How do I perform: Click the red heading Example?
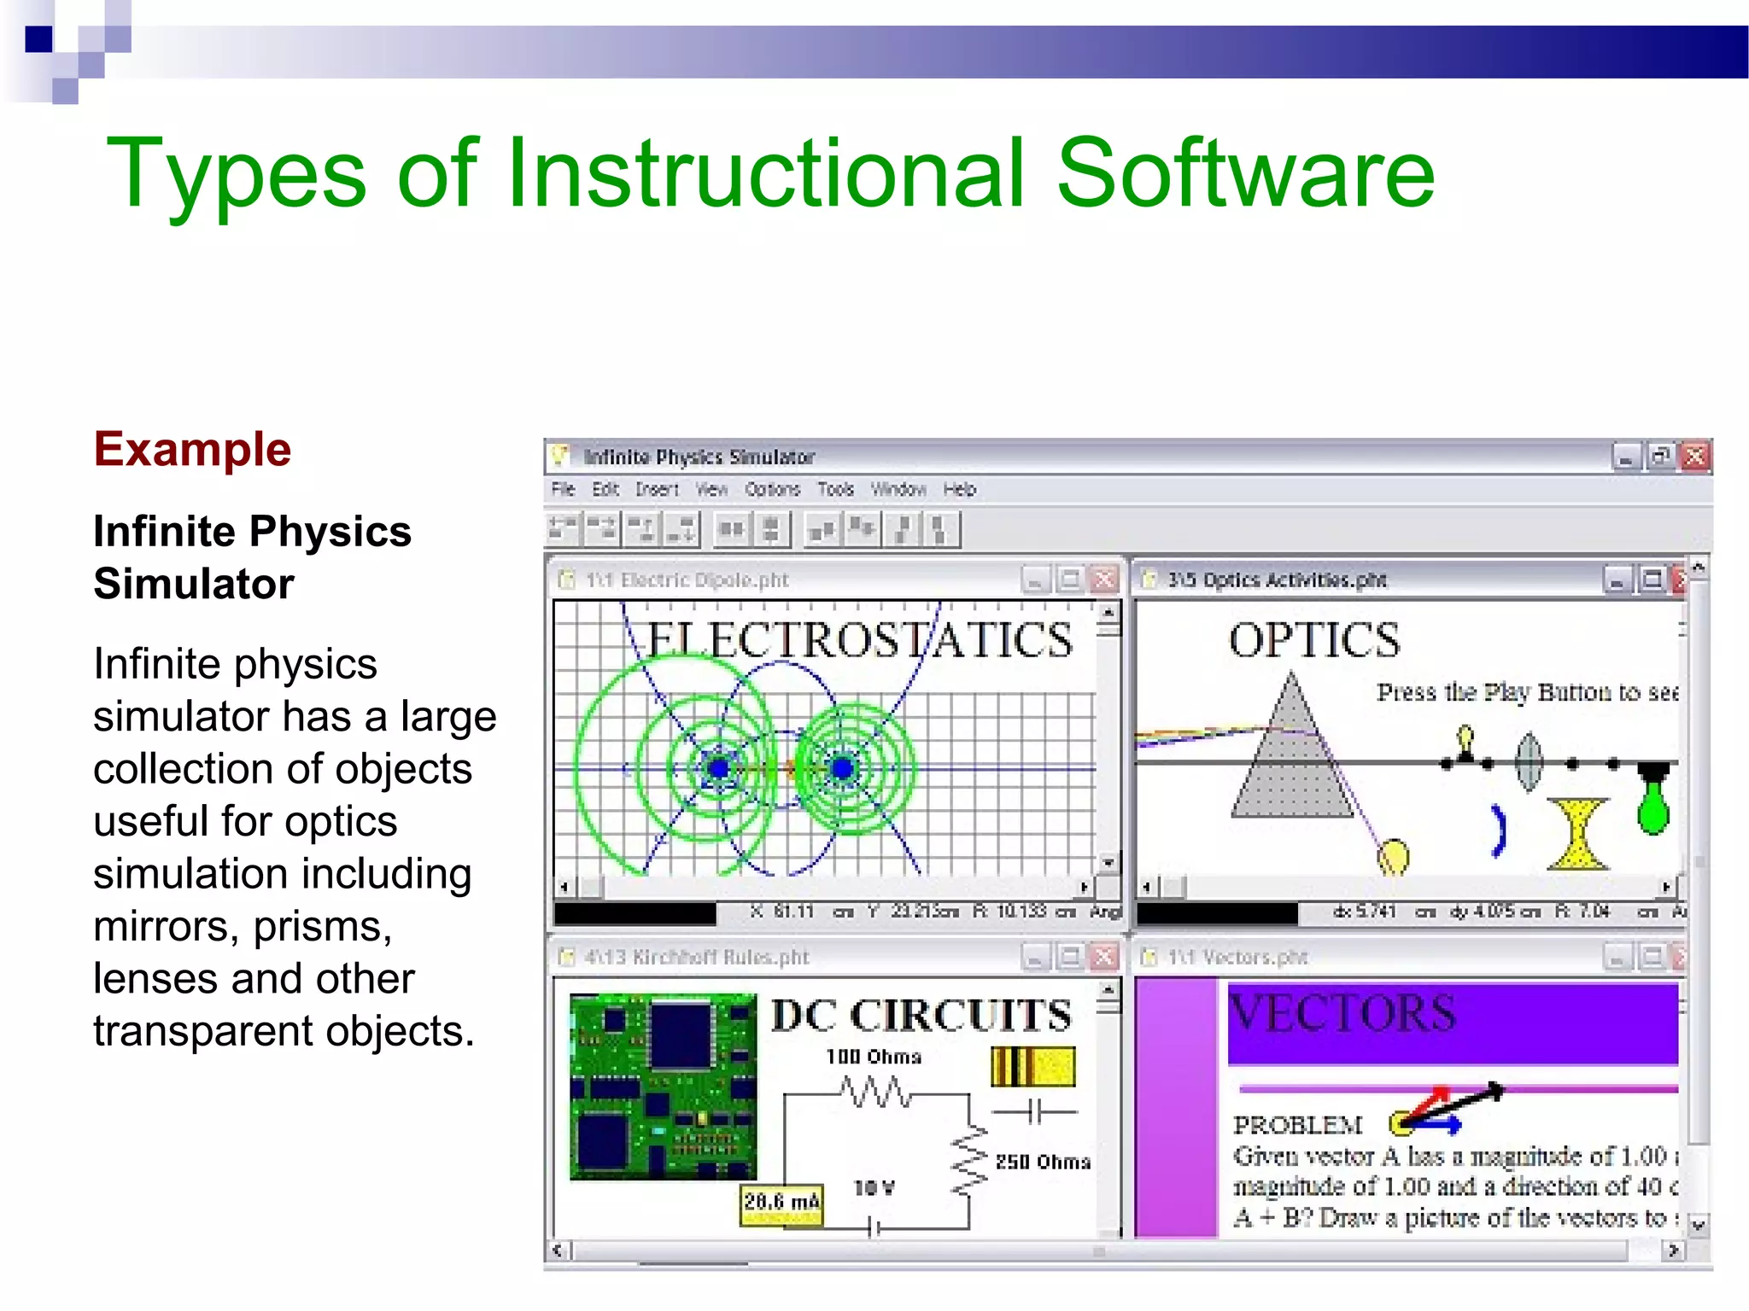click(x=192, y=450)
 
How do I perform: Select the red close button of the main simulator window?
click(x=1694, y=457)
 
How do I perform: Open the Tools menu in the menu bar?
click(x=835, y=489)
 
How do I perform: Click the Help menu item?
click(x=959, y=489)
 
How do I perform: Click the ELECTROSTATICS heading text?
click(x=858, y=640)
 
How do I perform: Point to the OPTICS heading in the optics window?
click(x=1314, y=640)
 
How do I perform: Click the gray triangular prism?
click(x=1291, y=760)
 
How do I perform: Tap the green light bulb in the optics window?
click(x=1653, y=802)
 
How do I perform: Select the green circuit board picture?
click(x=663, y=1087)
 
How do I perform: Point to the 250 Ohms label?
click(x=1043, y=1162)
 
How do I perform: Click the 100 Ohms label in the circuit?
click(x=874, y=1057)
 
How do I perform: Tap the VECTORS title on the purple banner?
click(x=1342, y=1013)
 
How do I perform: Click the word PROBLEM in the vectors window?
click(x=1297, y=1125)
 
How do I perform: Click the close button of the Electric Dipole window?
click(x=1104, y=580)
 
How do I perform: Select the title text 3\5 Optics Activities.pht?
click(x=1277, y=580)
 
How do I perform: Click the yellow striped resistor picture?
click(x=1032, y=1067)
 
